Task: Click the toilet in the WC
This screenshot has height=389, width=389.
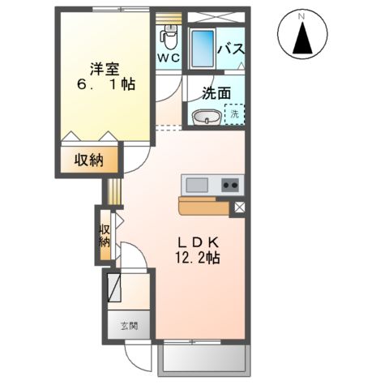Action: pyautogui.click(x=169, y=37)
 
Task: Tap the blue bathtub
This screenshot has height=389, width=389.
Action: pyautogui.click(x=203, y=49)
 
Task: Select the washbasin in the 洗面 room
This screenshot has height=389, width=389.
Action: pyautogui.click(x=207, y=118)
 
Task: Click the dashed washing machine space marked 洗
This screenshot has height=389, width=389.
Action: pyautogui.click(x=234, y=114)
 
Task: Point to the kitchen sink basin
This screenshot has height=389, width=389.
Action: pyautogui.click(x=197, y=185)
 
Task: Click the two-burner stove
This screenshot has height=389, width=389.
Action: pyautogui.click(x=230, y=185)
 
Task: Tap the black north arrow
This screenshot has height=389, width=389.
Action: pyautogui.click(x=302, y=38)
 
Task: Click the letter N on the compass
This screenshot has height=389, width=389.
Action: pyautogui.click(x=301, y=16)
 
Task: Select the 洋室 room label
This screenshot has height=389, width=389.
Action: pyautogui.click(x=105, y=69)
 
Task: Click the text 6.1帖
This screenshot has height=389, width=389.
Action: pyautogui.click(x=106, y=85)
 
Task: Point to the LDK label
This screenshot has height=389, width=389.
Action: pyautogui.click(x=198, y=242)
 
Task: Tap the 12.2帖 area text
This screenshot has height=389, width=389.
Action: pyautogui.click(x=198, y=258)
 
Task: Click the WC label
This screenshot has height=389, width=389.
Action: pyautogui.click(x=169, y=58)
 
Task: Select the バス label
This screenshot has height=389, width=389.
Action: pyautogui.click(x=231, y=49)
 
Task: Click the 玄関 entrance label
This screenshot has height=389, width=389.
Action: pyautogui.click(x=130, y=326)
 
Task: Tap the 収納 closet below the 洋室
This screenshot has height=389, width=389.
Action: pyautogui.click(x=89, y=160)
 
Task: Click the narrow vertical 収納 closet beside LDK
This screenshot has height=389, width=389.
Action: pyautogui.click(x=105, y=235)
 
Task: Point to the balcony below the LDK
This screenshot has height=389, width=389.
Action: pyautogui.click(x=204, y=358)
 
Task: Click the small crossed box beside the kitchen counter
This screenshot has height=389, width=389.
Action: pyautogui.click(x=239, y=207)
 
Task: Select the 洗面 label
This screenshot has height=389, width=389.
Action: pyautogui.click(x=216, y=93)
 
